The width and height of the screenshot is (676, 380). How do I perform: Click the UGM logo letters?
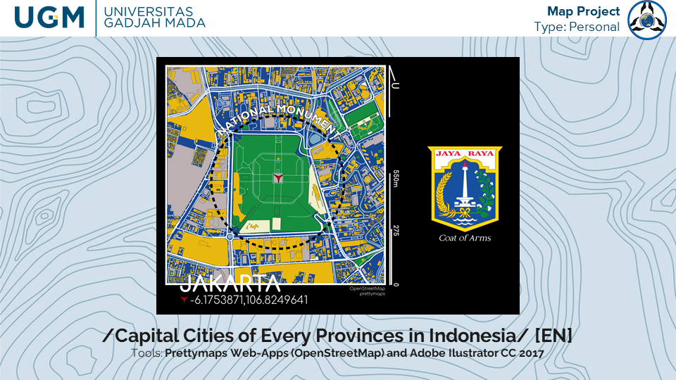click(49, 18)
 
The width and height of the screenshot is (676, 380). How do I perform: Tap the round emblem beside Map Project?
click(647, 20)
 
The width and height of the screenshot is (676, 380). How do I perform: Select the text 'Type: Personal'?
click(577, 27)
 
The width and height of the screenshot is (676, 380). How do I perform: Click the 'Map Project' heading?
click(583, 11)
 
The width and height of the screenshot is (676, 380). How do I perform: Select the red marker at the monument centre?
click(278, 177)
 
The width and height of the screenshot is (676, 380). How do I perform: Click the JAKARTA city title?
click(230, 284)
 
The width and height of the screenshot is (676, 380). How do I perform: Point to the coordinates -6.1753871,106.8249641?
click(249, 300)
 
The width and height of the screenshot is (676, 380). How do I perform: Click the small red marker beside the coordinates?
click(184, 299)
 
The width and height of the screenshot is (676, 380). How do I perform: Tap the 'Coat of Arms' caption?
click(465, 238)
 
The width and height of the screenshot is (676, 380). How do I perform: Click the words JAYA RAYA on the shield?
click(465, 153)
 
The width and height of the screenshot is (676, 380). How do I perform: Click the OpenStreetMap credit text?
click(368, 289)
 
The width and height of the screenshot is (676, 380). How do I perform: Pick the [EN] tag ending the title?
click(553, 335)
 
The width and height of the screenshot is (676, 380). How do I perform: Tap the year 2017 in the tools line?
click(532, 353)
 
